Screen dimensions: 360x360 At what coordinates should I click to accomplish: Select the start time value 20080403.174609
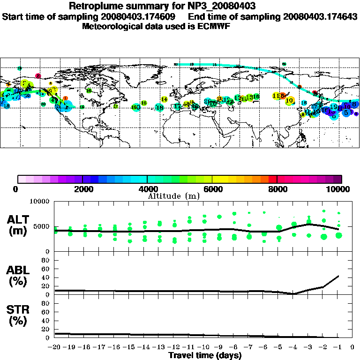(141, 17)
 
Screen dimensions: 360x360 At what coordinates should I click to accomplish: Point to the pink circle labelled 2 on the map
(38, 75)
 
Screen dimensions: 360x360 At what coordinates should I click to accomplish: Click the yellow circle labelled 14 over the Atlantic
(164, 99)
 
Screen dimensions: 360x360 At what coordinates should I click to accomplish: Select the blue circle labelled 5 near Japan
(346, 112)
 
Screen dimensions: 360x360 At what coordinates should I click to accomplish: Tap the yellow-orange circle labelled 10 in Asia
(289, 100)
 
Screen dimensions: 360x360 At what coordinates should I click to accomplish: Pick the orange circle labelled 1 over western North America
(65, 98)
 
